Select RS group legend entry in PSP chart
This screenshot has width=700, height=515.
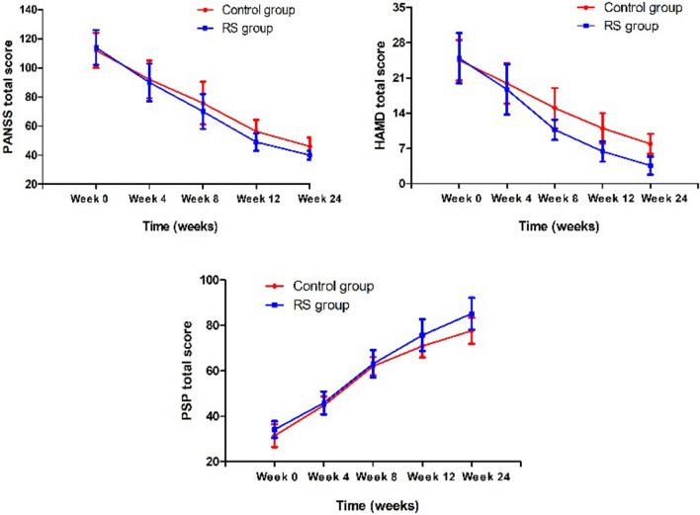click(318, 305)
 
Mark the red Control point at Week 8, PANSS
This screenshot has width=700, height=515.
click(203, 102)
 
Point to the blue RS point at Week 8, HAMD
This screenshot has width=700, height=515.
click(555, 129)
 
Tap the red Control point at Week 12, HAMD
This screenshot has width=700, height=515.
click(602, 128)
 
